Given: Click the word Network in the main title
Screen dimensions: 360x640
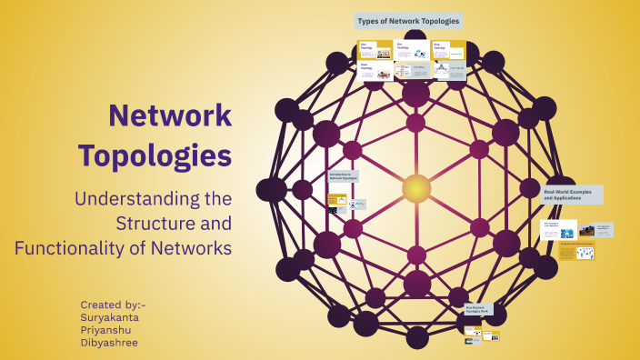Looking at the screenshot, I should (170, 116).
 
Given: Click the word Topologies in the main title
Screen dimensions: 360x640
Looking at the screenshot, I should (155, 155).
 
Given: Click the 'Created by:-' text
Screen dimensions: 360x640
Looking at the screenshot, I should (113, 305).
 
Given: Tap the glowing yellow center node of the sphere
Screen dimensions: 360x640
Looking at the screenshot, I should (415, 188).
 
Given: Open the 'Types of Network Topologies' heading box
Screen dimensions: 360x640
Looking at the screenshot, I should (408, 20).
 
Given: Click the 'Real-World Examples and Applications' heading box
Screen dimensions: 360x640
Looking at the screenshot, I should (571, 195).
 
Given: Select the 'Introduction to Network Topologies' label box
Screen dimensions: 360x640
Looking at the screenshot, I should (344, 176).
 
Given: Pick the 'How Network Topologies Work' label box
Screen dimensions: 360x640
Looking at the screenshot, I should (480, 310).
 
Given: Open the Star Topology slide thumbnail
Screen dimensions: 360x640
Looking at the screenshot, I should (375, 50).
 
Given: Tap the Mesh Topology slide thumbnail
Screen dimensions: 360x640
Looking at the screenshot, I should (375, 72).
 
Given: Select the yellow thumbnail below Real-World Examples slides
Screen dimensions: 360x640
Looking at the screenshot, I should (576, 250).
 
